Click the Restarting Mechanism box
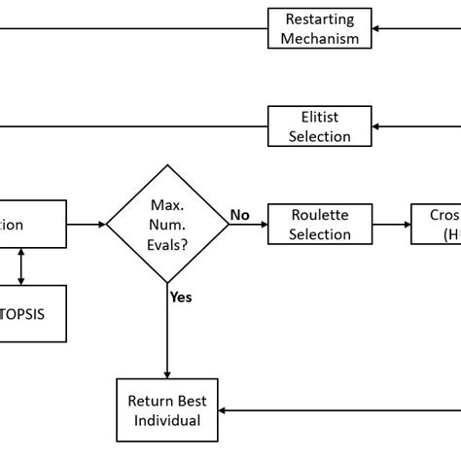pyautogui.click(x=319, y=28)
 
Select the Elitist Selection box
pyautogui.click(x=319, y=126)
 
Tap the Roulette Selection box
pyautogui.click(x=319, y=224)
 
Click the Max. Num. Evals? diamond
pyautogui.click(x=167, y=225)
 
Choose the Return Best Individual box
pyautogui.click(x=167, y=409)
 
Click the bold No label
pyautogui.click(x=239, y=214)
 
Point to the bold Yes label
pyautogui.click(x=180, y=297)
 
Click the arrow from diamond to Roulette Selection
pyautogui.click(x=248, y=225)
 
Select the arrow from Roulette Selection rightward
pyautogui.click(x=392, y=225)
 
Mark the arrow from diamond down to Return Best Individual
pyautogui.click(x=167, y=331)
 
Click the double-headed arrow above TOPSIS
pyautogui.click(x=21, y=266)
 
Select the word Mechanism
pyautogui.click(x=319, y=39)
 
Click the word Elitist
pyautogui.click(x=319, y=118)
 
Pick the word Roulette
pyautogui.click(x=319, y=215)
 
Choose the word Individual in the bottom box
pyautogui.click(x=167, y=420)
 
